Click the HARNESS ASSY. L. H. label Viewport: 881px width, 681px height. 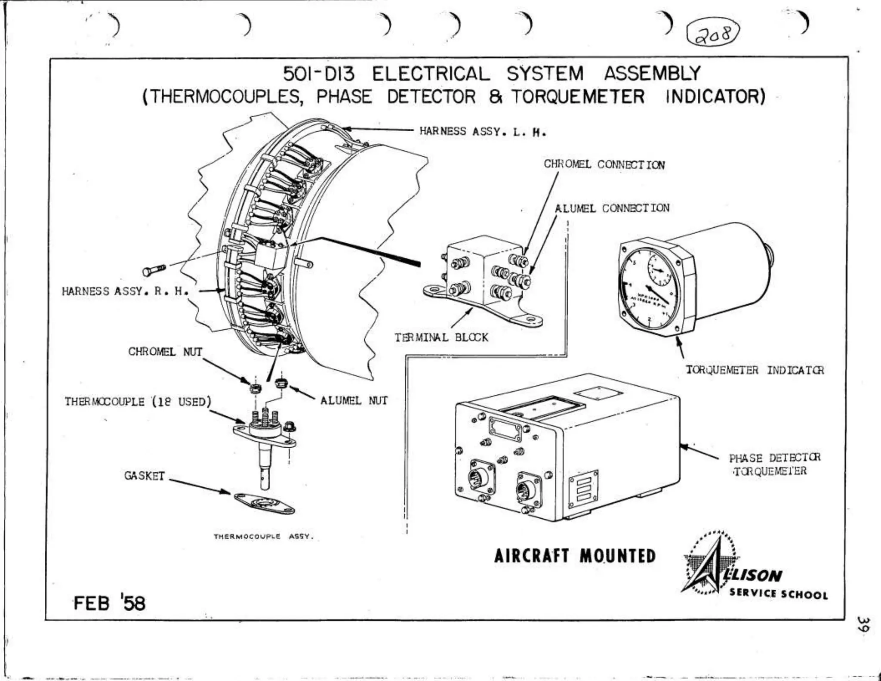tap(483, 131)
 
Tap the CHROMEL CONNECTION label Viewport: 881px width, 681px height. tap(604, 164)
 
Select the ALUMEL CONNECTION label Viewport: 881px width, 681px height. tap(612, 208)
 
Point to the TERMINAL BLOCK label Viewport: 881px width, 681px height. tap(441, 337)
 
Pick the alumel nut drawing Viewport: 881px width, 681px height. tap(281, 383)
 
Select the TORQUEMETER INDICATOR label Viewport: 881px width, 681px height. tap(755, 370)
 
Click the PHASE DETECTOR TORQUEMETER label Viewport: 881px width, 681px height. tap(774, 464)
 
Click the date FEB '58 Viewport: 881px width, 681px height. tap(109, 603)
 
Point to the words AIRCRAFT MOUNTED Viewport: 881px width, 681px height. tap(574, 556)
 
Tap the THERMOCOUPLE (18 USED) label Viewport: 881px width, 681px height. tap(138, 402)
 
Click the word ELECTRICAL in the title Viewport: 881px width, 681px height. tap(431, 74)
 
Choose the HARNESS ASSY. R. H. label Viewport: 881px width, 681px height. tap(125, 291)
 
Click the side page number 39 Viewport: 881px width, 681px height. tap(863, 624)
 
